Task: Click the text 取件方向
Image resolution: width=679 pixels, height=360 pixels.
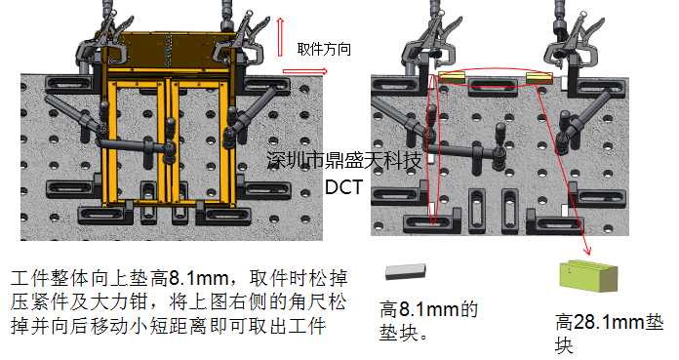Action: click(324, 49)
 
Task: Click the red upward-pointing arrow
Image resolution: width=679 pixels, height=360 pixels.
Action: click(280, 37)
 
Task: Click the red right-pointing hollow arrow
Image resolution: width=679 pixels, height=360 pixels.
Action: click(304, 71)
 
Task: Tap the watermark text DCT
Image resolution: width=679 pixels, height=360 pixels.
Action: click(343, 187)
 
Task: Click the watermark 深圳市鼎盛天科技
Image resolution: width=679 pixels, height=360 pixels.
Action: click(343, 160)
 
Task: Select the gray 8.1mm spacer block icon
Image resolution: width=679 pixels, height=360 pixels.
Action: click(406, 271)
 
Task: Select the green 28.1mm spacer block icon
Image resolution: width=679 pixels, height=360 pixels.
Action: click(588, 275)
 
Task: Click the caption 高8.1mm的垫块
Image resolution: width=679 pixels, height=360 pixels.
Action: click(428, 321)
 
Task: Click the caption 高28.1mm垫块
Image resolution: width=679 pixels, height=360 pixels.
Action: click(609, 334)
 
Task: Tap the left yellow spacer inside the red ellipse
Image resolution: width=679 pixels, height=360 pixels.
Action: click(452, 77)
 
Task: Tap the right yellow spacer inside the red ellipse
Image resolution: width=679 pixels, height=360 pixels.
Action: click(539, 78)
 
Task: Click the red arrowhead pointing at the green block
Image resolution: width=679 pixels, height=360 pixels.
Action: click(586, 251)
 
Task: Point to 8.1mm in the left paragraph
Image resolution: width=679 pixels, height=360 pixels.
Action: click(198, 278)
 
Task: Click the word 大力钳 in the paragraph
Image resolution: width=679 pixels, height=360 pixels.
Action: click(119, 301)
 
